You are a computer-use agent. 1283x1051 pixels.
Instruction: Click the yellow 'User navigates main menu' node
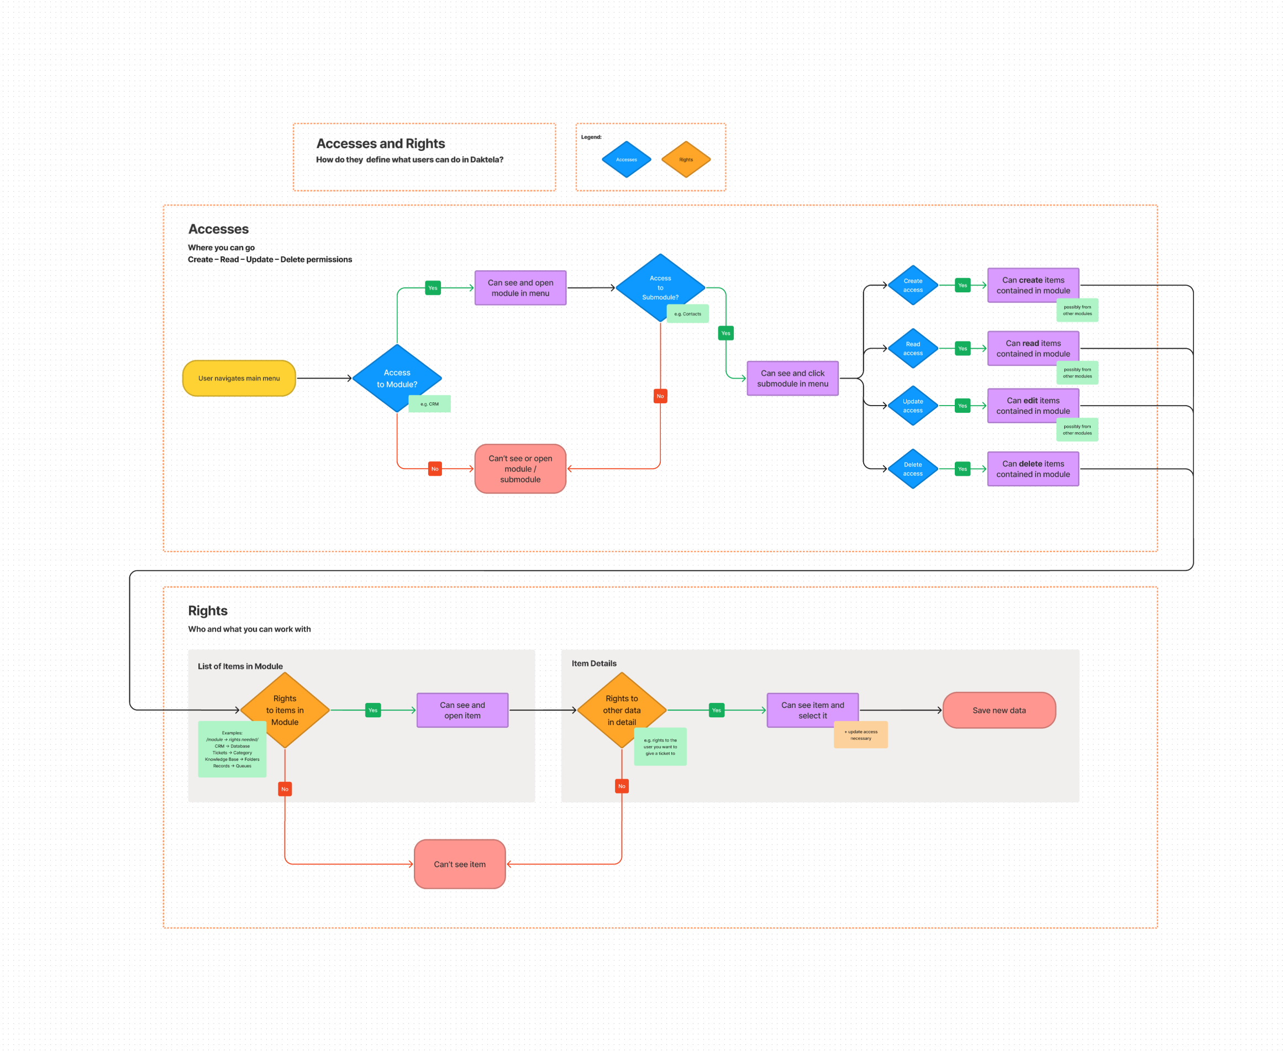(x=239, y=379)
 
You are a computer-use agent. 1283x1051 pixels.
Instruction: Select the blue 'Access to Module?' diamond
(x=397, y=378)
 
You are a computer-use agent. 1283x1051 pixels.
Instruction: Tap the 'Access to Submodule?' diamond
(x=660, y=287)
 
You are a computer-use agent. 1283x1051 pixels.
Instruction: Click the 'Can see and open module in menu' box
(x=520, y=287)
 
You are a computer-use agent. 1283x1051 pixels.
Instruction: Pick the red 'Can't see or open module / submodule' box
(x=520, y=469)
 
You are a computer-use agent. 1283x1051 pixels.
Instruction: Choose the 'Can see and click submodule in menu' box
(x=792, y=379)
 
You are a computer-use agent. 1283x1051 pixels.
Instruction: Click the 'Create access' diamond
(x=912, y=285)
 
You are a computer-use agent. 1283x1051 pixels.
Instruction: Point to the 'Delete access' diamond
(x=912, y=469)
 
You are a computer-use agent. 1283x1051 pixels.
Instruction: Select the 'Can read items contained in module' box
(x=1032, y=348)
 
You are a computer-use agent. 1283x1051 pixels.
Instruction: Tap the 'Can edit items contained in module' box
(x=1032, y=406)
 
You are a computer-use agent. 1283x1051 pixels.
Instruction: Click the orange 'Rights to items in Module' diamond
(x=285, y=710)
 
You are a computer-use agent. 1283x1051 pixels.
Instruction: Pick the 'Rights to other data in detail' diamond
(x=621, y=710)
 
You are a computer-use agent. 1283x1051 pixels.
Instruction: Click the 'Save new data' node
(x=998, y=710)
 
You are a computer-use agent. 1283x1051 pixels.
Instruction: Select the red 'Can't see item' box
(x=460, y=864)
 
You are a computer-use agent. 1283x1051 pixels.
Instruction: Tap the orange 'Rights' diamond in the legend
(x=685, y=159)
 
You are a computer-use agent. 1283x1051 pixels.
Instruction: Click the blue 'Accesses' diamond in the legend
(x=626, y=159)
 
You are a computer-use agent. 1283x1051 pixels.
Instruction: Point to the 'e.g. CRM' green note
(x=429, y=404)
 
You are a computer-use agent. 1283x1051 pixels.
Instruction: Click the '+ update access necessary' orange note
(x=860, y=735)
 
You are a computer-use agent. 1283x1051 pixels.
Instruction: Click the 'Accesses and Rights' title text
(x=380, y=144)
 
